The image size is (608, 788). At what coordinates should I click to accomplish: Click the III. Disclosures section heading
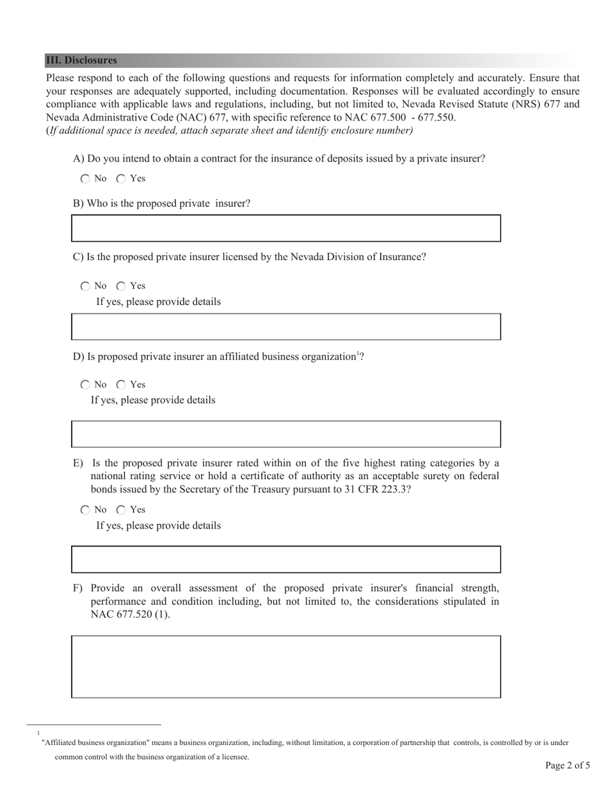point(81,60)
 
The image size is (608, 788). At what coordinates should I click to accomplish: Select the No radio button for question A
point(86,179)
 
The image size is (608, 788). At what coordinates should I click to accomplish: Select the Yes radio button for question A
point(121,179)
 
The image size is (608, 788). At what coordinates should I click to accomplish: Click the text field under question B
point(285,229)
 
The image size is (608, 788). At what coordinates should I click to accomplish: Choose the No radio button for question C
point(86,286)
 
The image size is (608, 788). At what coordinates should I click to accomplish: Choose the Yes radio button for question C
point(121,286)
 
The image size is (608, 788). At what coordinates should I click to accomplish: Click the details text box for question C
point(285,327)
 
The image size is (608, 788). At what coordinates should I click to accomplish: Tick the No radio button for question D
point(86,385)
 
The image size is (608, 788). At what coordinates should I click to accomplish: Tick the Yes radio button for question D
point(121,385)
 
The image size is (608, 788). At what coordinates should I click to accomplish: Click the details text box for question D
point(285,434)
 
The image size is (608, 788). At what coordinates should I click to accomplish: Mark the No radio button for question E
point(86,510)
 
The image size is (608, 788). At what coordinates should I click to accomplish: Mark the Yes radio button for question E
point(121,510)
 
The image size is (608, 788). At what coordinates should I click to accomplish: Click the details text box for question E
point(285,559)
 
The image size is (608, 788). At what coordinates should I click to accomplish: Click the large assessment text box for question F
point(285,666)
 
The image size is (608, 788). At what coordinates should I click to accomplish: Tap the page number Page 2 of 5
point(567,765)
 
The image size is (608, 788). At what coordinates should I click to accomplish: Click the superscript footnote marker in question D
point(358,354)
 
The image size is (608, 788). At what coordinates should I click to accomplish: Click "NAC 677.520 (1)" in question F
point(130,614)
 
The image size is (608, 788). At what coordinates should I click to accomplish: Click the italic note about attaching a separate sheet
point(230,131)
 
